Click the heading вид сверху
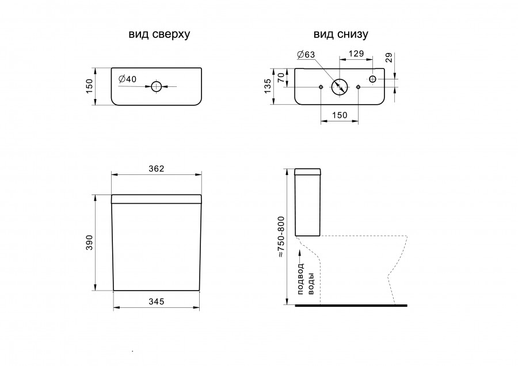pos(159,35)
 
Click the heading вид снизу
pos(341,35)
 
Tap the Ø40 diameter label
pos(127,79)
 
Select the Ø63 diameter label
pos(306,55)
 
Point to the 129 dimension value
pos(356,54)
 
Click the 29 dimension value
pos(389,58)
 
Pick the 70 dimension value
pos(281,78)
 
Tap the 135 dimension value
pos(268,86)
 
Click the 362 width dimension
pos(156,169)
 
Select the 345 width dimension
pos(156,302)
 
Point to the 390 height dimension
pos(90,242)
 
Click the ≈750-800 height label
pos(281,237)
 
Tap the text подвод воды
pos(306,279)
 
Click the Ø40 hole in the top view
pos(156,86)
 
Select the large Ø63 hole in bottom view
pos(340,87)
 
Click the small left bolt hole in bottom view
pos(321,87)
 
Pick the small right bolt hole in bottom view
pos(359,87)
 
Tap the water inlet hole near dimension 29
pos(372,79)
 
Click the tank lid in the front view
pos(156,199)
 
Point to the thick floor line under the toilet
pos(351,306)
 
